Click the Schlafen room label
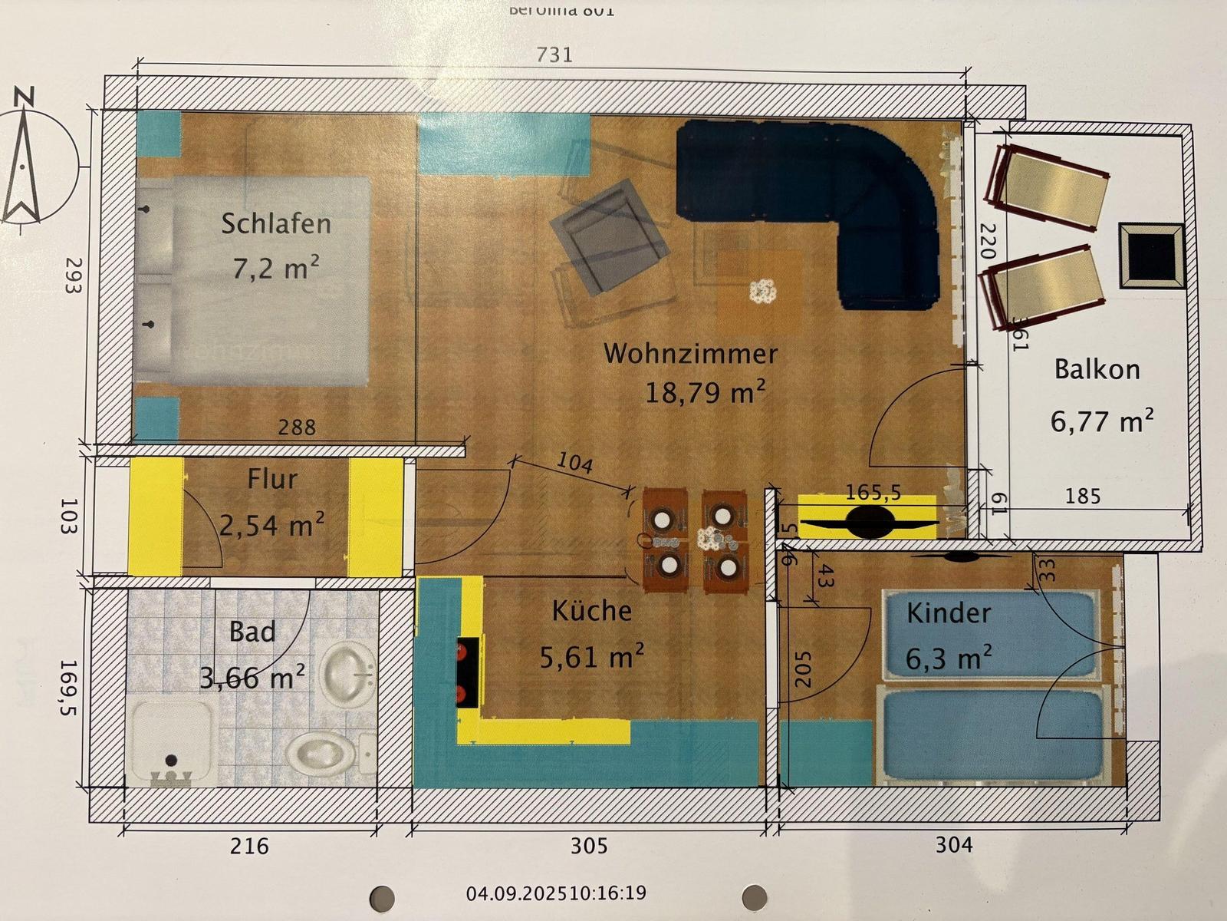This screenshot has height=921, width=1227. coord(276,223)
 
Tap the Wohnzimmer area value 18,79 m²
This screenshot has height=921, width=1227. coord(705,392)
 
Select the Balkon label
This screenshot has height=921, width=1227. coord(1097,369)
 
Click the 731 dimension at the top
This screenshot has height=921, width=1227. coord(554,54)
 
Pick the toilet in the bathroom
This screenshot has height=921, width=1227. coord(321,751)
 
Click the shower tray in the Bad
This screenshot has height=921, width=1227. coord(172,741)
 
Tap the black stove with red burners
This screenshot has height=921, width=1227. coord(468,671)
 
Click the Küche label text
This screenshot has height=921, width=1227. coord(592,611)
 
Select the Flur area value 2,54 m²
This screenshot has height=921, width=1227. coord(271,525)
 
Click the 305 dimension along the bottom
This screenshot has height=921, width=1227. coord(589,846)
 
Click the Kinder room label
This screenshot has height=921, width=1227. coord(949,613)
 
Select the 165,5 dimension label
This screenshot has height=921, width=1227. coord(873,492)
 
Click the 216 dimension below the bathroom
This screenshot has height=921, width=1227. coord(250,846)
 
